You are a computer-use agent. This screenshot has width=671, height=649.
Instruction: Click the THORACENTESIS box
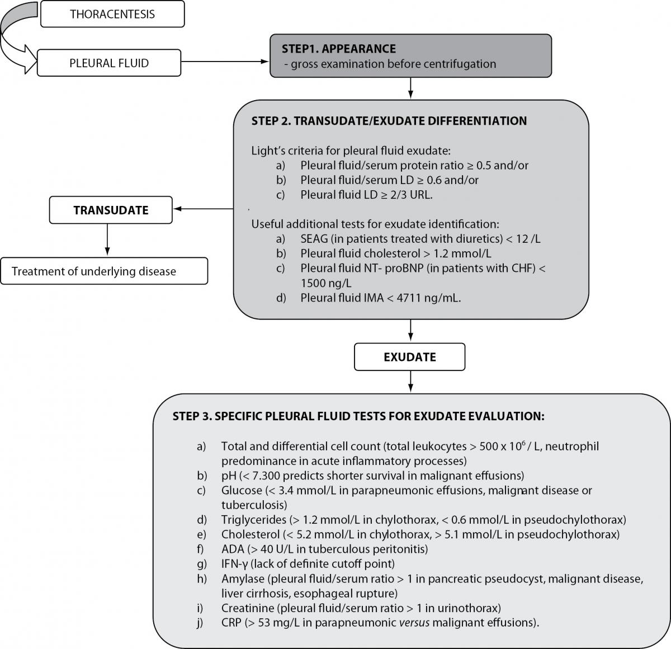coord(112,14)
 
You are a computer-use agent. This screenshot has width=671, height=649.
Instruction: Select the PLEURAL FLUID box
coord(109,63)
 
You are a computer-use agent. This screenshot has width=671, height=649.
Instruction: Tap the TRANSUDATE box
coord(111,210)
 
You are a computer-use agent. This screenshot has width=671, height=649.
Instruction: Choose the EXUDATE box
coord(410,357)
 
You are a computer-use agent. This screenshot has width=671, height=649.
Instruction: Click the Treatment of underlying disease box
coord(104,271)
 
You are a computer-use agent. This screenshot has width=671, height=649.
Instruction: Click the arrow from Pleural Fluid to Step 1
coord(225,62)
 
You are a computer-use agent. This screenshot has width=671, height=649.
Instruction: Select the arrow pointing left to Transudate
coord(204,209)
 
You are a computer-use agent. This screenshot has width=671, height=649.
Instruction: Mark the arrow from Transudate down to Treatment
coord(107,239)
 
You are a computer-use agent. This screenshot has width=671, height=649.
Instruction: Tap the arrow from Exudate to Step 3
coord(410,382)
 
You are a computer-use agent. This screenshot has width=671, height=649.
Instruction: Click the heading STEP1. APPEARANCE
coord(339,49)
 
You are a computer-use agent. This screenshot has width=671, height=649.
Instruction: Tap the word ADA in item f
coord(233,549)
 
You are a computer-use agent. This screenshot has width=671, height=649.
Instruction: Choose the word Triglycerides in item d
coord(254,520)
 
